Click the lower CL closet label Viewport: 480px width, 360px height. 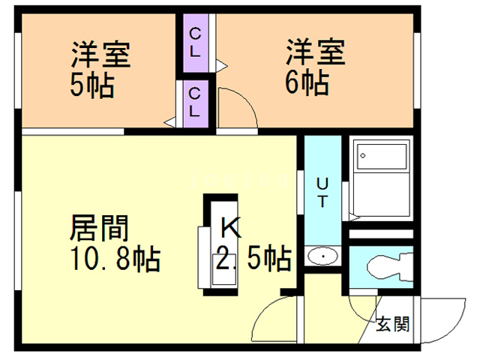pos(194,102)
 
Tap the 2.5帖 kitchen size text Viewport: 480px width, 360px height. pos(253,259)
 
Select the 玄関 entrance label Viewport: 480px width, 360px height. pos(393,325)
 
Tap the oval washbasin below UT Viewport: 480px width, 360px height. pos(323,256)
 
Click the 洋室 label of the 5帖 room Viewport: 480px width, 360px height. pos(100,54)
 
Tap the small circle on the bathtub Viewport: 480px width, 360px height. pos(361,157)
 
